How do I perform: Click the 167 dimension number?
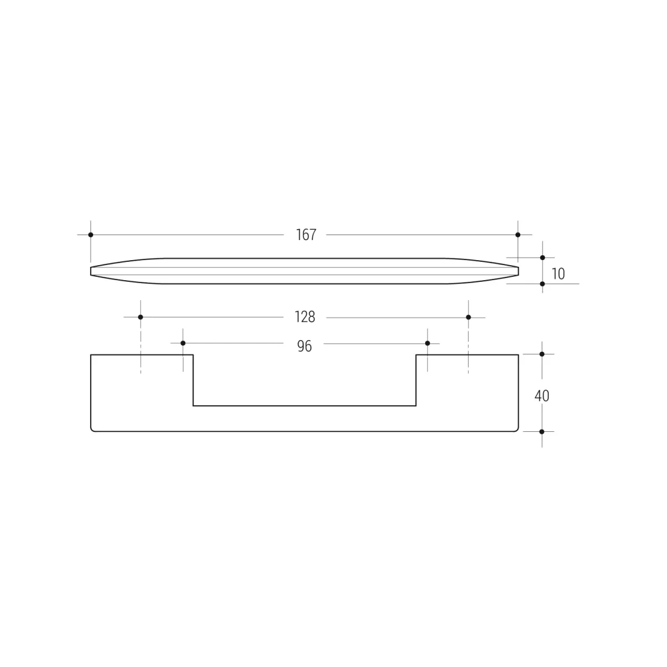coord(306,235)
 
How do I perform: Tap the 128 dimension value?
coord(305,317)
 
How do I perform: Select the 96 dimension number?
coord(305,346)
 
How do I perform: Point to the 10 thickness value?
coord(558,274)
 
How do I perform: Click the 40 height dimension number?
coord(542,396)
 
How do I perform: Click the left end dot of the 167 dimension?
coord(91,235)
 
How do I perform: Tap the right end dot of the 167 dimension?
coord(518,235)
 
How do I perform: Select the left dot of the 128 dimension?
coord(141,317)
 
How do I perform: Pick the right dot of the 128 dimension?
coord(469,317)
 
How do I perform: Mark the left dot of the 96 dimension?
coord(183,343)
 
